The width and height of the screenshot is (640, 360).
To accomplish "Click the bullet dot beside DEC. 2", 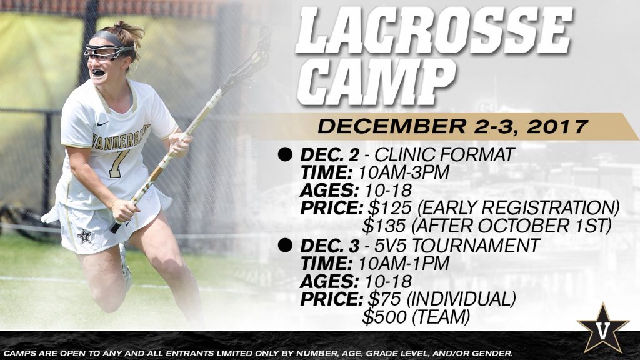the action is point(285,155).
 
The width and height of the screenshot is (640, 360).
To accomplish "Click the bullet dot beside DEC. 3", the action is point(285,245).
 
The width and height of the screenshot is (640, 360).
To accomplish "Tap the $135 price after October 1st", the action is point(384,226).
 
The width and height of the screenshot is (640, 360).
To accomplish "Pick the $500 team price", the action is point(384,317).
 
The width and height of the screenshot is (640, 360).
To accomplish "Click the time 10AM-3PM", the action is point(404,172).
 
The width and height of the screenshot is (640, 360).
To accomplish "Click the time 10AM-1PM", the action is point(404,263).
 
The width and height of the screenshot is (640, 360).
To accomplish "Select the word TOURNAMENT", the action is point(476,245).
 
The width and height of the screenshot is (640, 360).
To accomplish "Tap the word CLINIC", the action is point(404,155).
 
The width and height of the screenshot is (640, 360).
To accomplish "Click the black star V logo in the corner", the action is point(603,328).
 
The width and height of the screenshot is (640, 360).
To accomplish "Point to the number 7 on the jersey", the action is point(117,163).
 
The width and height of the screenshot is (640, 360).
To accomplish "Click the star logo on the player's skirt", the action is point(84,236).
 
